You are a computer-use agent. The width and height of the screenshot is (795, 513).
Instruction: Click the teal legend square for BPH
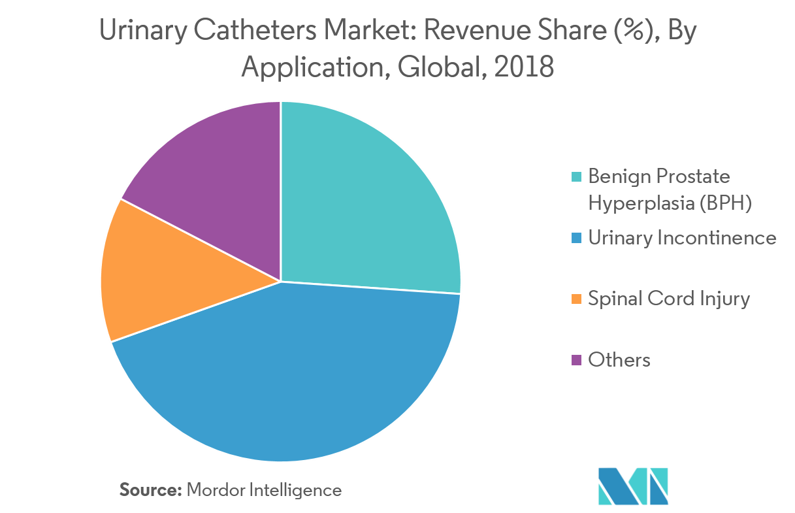(x=576, y=177)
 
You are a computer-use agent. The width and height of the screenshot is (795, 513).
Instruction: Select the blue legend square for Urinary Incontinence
(x=576, y=239)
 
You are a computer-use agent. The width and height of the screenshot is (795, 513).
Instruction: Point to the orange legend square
(x=576, y=299)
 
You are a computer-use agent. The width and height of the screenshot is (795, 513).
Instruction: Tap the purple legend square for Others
(x=576, y=360)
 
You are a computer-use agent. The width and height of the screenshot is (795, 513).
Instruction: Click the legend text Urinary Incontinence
(x=682, y=238)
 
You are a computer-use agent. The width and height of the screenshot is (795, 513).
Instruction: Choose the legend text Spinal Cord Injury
(x=669, y=299)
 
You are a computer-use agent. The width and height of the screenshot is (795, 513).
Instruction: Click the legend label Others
(x=619, y=360)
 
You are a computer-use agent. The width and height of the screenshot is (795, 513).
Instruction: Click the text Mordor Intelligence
(x=264, y=489)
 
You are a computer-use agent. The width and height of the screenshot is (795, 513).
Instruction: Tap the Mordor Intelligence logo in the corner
(x=632, y=486)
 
